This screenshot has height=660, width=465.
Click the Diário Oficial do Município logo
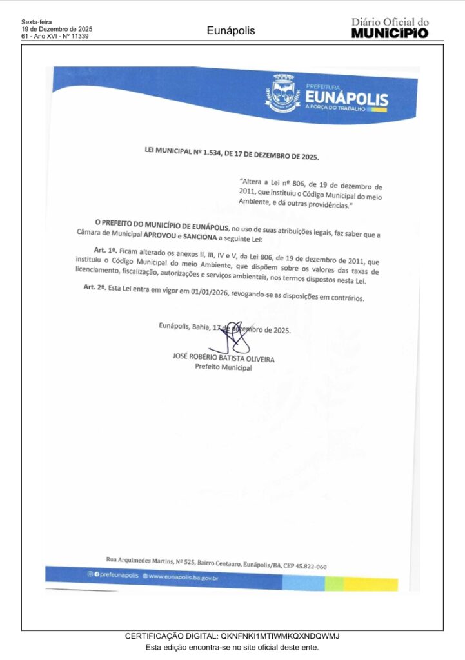point(390,28)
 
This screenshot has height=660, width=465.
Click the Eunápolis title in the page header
point(231,30)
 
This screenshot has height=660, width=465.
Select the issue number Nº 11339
point(75,37)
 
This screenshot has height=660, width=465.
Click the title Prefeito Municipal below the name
point(224,367)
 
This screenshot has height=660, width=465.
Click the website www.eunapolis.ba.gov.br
point(183,577)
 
